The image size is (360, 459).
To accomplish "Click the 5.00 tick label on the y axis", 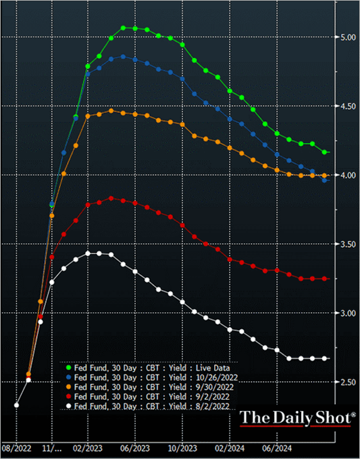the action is pos(347,37).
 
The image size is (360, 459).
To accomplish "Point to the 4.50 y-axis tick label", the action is pos(347,106).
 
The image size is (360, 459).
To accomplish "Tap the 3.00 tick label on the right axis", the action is pos(347,313).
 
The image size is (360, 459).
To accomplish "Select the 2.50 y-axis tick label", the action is pos(347,383).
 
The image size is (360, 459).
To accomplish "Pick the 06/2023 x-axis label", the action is pos(135,448).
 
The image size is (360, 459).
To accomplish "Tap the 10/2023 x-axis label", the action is pos(183,448).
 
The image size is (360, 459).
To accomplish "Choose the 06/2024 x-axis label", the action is pos(278,448).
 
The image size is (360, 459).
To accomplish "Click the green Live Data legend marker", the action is pos(69,367).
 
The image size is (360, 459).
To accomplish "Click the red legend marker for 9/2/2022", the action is pos(69,396).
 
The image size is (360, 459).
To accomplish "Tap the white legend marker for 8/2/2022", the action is pos(69,406).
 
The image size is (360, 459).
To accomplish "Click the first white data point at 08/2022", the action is pos(16,405).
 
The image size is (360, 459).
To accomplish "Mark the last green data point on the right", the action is pos(324,152).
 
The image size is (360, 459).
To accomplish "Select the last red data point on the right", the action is pos(324,279).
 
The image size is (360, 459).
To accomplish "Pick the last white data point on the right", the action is pos(324,358).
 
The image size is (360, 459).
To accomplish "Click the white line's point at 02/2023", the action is pos(87,253).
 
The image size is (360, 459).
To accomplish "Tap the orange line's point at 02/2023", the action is pos(87,116).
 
